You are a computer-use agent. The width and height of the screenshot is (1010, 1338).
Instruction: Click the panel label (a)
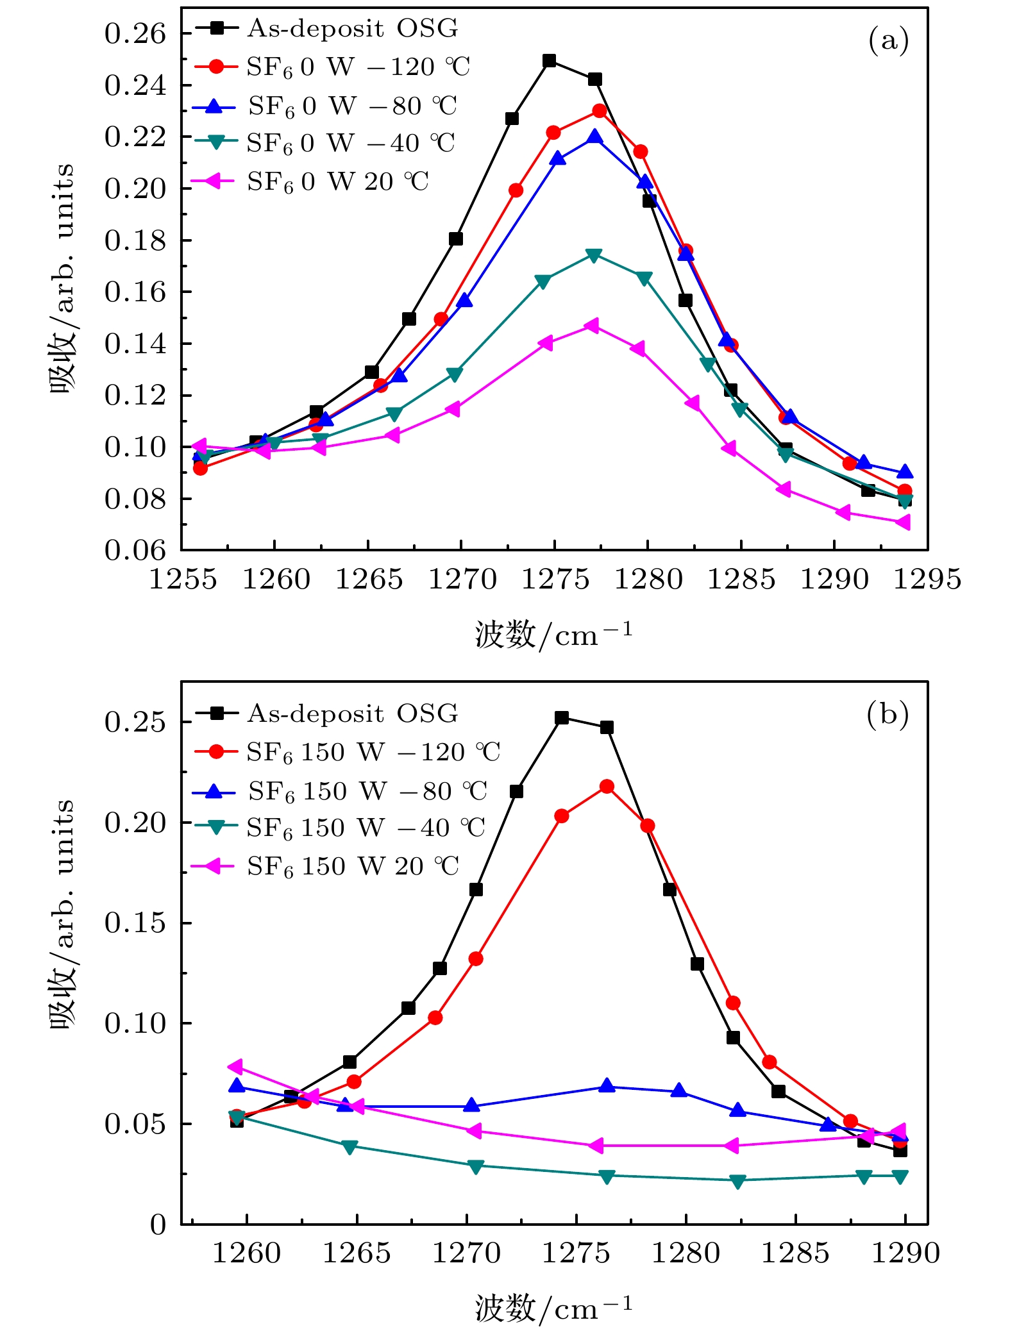(x=888, y=40)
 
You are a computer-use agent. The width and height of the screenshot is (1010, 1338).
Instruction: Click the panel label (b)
(x=887, y=714)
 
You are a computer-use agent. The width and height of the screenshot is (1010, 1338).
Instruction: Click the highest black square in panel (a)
(x=549, y=61)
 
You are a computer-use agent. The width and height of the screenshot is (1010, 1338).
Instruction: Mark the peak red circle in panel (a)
(x=600, y=111)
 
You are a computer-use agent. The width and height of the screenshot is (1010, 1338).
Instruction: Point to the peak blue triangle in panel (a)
(x=595, y=137)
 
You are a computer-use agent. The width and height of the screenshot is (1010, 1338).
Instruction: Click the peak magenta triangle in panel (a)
(x=592, y=326)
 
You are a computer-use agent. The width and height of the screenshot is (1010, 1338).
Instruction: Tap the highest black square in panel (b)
(x=562, y=718)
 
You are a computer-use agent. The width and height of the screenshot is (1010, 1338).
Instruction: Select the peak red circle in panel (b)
(x=607, y=787)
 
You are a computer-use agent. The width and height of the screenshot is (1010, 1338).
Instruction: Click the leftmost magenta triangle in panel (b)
(x=235, y=1067)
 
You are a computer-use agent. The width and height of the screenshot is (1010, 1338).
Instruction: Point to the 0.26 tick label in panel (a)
(x=135, y=34)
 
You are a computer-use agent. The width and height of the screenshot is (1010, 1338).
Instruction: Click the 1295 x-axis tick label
(x=927, y=580)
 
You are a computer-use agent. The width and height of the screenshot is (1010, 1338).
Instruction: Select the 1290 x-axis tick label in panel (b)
(x=905, y=1253)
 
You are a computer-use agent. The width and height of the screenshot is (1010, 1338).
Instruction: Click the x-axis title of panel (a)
(x=553, y=635)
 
